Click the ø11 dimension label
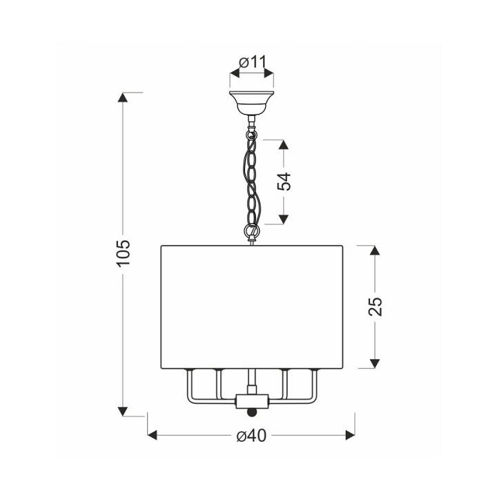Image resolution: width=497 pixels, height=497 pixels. (x=253, y=62)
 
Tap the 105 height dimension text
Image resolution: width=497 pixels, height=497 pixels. (x=124, y=253)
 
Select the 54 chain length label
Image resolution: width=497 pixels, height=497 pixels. (x=284, y=182)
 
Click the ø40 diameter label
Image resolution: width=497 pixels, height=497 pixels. (x=252, y=436)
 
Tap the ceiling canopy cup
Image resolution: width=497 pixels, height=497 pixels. (x=251, y=104)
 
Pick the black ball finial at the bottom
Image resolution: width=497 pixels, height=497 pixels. (x=251, y=413)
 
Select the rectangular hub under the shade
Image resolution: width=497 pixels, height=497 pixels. (x=252, y=400)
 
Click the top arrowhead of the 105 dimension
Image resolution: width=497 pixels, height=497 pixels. (x=122, y=97)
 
